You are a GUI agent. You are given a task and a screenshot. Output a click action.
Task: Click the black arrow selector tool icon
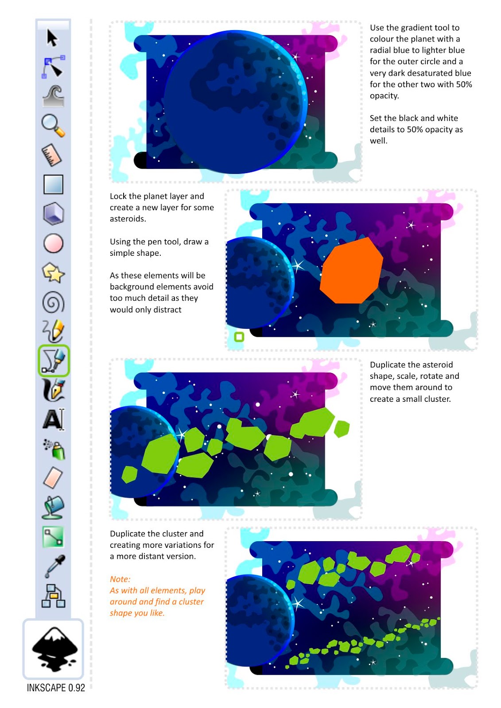tap(52, 38)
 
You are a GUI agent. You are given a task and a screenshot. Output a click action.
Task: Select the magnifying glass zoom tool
tap(53, 126)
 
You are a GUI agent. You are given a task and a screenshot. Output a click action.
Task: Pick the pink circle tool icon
tap(53, 243)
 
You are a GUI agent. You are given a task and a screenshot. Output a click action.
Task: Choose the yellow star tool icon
tap(53, 273)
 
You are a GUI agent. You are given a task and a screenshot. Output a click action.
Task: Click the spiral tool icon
tap(53, 302)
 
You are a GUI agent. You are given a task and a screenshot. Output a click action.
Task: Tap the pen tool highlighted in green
tap(54, 360)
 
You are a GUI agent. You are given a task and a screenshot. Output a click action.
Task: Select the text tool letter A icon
tap(53, 419)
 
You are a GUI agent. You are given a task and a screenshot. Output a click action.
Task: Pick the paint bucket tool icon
tap(53, 507)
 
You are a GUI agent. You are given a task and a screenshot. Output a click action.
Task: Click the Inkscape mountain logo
tap(54, 649)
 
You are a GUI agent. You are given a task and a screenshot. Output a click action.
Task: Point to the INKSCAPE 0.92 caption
tap(56, 688)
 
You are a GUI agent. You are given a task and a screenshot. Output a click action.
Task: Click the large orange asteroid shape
tap(351, 270)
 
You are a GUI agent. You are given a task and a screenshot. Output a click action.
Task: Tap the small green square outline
tap(239, 337)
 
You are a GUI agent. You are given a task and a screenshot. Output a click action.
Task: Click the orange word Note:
tap(120, 579)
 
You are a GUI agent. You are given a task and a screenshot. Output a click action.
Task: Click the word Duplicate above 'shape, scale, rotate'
tap(388, 365)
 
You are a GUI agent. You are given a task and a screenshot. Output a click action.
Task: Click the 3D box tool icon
tap(53, 214)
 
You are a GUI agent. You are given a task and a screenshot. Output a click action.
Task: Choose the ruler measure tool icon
tap(52, 155)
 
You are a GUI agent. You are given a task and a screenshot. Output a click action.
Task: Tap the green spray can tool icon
tap(54, 449)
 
